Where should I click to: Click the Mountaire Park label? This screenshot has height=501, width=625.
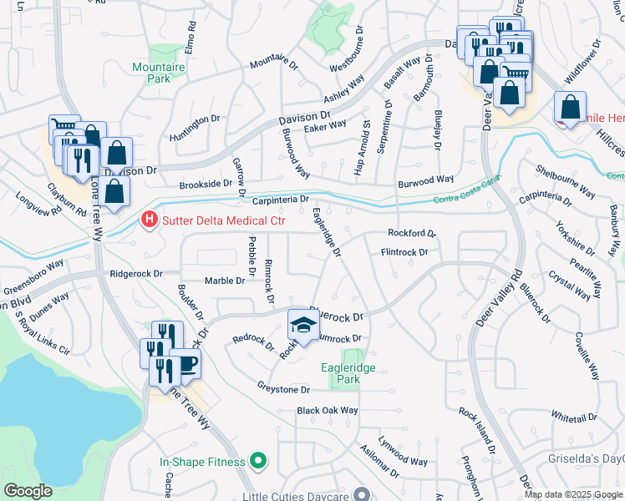151,73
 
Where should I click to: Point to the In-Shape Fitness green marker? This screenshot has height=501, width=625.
258,461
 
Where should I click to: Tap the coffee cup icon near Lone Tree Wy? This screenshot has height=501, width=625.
188,362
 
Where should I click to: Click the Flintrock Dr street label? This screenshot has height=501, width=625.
404,251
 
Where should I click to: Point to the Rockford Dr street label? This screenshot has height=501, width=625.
412,234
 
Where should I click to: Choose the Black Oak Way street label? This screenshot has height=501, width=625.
328,411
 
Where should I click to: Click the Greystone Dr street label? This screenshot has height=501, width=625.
283,389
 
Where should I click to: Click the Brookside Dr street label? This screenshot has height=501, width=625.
204,183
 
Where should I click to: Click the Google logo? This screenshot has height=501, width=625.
28,490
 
